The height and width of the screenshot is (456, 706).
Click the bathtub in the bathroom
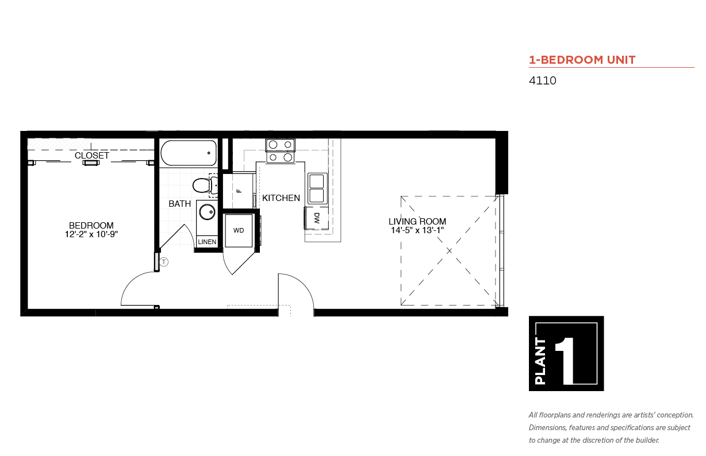coord(189,153)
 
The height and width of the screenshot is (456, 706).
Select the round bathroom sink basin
coord(208,212)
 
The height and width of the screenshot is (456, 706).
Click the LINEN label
coord(207,242)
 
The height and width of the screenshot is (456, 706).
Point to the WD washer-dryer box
coord(239,230)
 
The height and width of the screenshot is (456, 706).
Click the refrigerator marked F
coord(239,190)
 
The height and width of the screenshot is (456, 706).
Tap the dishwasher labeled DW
coord(316,218)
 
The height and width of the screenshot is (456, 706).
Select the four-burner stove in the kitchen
coord(280,151)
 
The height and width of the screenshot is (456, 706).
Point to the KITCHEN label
coord(281,198)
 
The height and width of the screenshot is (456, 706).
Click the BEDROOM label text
coord(91,226)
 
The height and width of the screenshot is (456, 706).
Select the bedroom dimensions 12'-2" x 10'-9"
coord(91,234)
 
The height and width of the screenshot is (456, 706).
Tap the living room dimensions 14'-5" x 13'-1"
coord(417,230)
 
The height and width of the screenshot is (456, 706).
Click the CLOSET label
coord(92,155)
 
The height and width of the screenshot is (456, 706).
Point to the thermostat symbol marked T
coord(164,262)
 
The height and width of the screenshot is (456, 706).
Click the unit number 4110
coord(542,80)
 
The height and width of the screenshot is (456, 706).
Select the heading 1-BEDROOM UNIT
coord(582,60)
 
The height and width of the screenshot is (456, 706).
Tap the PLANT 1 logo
coord(566,353)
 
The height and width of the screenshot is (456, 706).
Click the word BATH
coord(179,204)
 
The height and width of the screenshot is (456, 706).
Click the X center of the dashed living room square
coord(449,250)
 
